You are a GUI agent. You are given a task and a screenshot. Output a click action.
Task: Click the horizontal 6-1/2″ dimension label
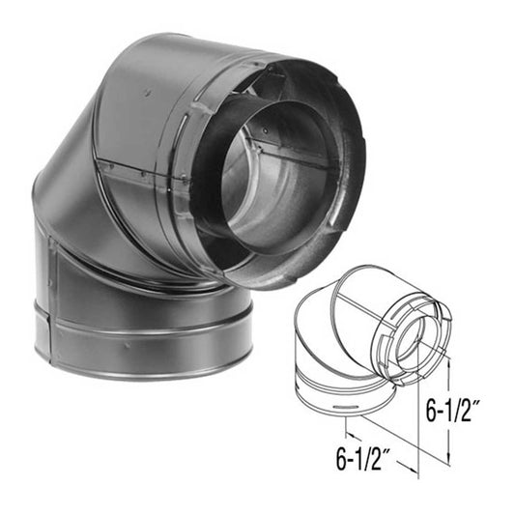point(366,449)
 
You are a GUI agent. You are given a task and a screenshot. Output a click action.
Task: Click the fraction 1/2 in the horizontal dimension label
point(379,449)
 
